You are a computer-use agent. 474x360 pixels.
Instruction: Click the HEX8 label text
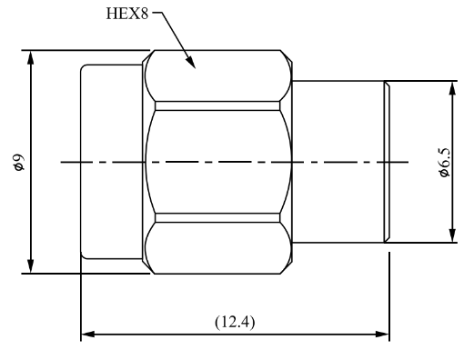pyautogui.click(x=127, y=14)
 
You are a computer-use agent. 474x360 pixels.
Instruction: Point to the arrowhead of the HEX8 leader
pyautogui.click(x=191, y=63)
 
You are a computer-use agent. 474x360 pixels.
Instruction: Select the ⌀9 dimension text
pyautogui.click(x=19, y=162)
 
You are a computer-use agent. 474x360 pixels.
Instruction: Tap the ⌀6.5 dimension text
pyautogui.click(x=445, y=162)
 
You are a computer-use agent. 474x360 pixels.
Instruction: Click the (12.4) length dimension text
pyautogui.click(x=235, y=322)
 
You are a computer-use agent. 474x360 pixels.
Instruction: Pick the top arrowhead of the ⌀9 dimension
pyautogui.click(x=30, y=57)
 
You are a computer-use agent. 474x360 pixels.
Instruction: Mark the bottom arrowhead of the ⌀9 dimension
pyautogui.click(x=30, y=266)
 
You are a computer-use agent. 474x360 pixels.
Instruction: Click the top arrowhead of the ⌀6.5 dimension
pyautogui.click(x=452, y=88)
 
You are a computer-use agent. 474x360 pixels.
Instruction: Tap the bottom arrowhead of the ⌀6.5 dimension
pyautogui.click(x=452, y=235)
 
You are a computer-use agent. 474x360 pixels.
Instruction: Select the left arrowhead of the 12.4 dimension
pyautogui.click(x=88, y=335)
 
